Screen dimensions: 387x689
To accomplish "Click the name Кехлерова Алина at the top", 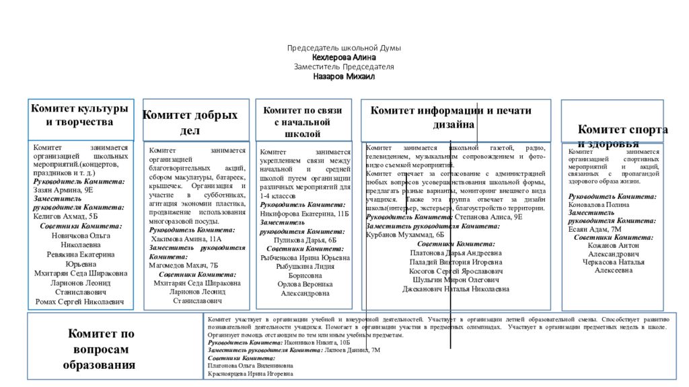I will tap(344, 58).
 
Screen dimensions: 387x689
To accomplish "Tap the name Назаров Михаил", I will tap(344, 77).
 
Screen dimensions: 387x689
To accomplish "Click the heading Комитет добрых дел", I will tap(190, 122).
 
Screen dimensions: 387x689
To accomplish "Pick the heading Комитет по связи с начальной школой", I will tap(303, 122).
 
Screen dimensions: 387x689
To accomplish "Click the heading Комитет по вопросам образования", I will tap(100, 349).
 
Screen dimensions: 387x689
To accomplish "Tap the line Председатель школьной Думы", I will tap(344, 48).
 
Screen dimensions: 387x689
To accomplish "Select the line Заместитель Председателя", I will tap(344, 67).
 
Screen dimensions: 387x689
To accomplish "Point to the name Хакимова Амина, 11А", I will tap(186, 239).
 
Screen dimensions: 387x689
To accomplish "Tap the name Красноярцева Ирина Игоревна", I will tap(251, 374).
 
